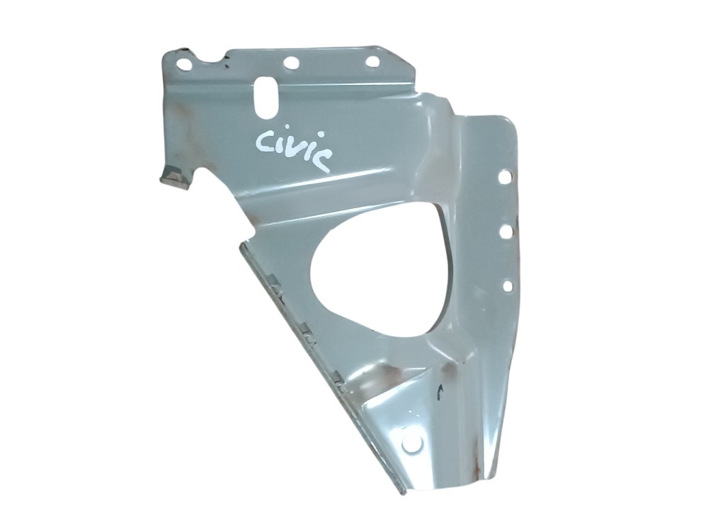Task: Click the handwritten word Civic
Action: [x=294, y=148]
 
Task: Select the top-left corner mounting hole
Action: [x=184, y=64]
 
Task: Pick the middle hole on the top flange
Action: [x=291, y=63]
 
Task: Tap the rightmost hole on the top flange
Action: [x=372, y=62]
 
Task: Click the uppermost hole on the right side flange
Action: [x=504, y=177]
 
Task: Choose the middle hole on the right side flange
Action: [x=506, y=232]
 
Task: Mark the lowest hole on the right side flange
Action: [x=508, y=286]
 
